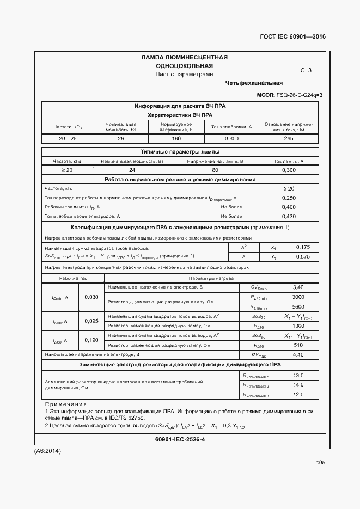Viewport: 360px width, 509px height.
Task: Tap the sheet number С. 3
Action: point(306,70)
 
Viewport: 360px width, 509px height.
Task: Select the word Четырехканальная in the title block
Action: point(254,83)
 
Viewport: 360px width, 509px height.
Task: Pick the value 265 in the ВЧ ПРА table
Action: point(289,139)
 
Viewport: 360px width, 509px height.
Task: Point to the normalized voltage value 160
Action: point(176,139)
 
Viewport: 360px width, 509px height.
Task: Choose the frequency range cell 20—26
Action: point(68,139)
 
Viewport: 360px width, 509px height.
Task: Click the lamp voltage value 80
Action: point(215,170)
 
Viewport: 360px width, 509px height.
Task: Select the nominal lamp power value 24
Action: point(132,170)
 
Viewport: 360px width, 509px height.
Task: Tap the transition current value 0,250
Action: point(289,198)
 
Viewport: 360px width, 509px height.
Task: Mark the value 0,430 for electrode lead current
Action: point(289,217)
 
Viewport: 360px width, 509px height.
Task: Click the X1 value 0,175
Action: point(303,247)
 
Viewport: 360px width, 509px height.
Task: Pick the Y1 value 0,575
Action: point(303,256)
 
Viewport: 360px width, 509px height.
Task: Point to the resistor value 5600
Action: point(298,306)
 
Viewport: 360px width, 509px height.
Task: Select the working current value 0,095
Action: point(91,321)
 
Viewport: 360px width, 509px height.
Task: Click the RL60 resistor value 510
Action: point(298,345)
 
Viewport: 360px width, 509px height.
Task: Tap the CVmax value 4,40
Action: point(298,354)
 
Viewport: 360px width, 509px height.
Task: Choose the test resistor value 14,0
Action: point(298,385)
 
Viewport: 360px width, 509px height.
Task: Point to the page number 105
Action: point(320,463)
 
